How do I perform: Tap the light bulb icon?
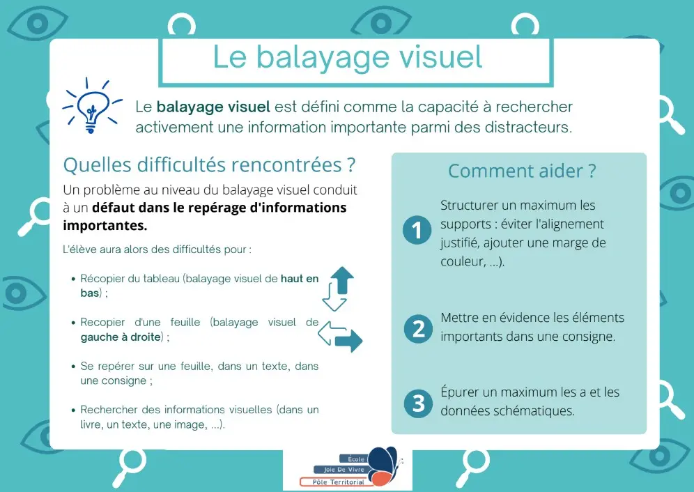click(x=91, y=107)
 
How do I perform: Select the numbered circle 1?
click(x=417, y=230)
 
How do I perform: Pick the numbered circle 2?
click(x=418, y=329)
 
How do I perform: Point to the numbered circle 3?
click(x=418, y=403)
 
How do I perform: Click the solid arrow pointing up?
click(x=342, y=280)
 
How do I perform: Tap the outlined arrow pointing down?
click(x=334, y=297)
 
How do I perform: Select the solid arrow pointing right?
click(x=348, y=341)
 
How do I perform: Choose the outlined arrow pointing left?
click(x=332, y=333)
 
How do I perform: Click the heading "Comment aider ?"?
click(x=523, y=171)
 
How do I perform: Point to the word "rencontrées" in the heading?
click(x=286, y=164)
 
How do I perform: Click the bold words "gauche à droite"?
click(x=121, y=337)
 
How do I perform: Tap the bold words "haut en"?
click(x=300, y=279)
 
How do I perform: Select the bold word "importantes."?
click(x=105, y=225)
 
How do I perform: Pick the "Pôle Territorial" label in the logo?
click(x=339, y=482)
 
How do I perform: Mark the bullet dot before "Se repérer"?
click(x=73, y=367)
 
